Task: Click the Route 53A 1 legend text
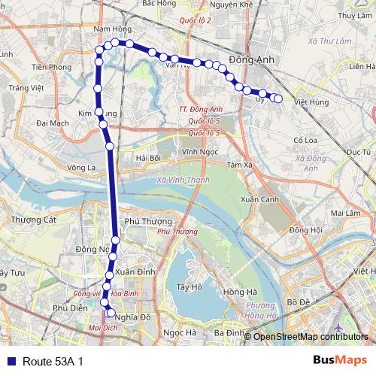pyautogui.click(x=53, y=362)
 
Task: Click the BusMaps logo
pyautogui.click(x=339, y=361)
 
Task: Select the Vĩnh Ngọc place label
pyautogui.click(x=199, y=151)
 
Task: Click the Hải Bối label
pyautogui.click(x=149, y=159)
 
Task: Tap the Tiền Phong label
pyautogui.click(x=52, y=67)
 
